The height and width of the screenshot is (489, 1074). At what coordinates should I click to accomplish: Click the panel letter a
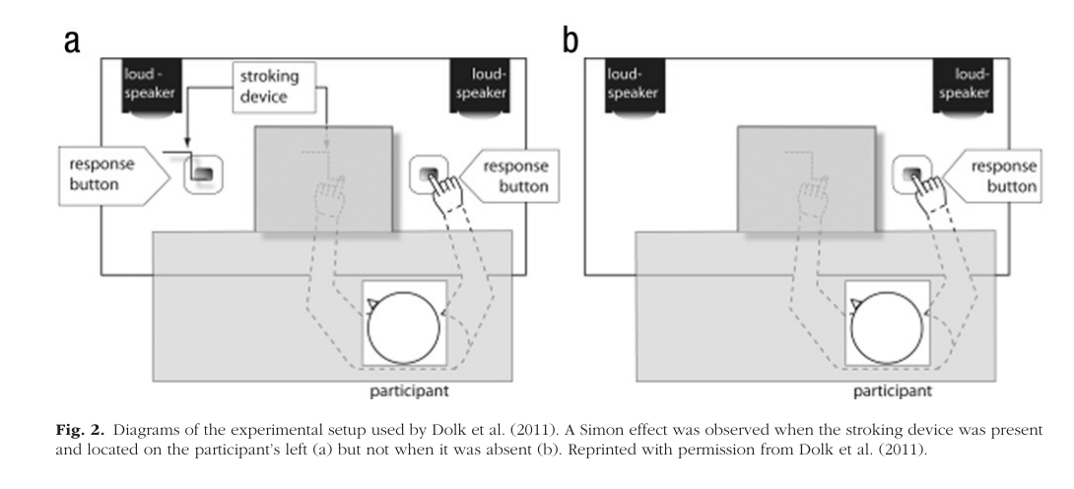pos(72,40)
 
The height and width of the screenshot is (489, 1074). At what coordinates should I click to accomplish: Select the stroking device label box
pos(267,87)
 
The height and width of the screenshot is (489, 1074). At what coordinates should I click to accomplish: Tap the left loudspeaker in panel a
pos(147,90)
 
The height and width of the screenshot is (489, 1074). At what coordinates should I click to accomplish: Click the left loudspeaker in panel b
pos(630,90)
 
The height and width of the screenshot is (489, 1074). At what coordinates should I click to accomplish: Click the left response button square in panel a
pos(201,175)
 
